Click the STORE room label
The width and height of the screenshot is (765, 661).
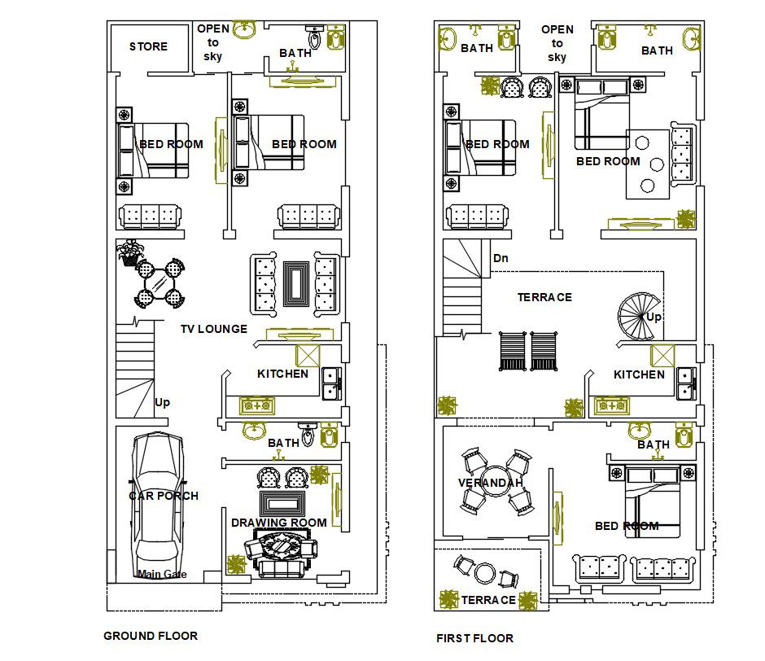[x=148, y=46]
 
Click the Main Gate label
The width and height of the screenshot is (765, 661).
[x=162, y=574]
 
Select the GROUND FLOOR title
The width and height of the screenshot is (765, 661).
[x=150, y=636]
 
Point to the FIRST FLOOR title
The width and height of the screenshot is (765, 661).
[x=474, y=638]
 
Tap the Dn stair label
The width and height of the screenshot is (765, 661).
[x=501, y=258]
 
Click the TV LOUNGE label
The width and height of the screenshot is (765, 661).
[x=213, y=329]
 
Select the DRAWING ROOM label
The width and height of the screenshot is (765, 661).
[x=278, y=523]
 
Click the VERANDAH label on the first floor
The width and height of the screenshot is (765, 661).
[x=491, y=483]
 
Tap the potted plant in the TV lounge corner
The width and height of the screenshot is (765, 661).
[x=129, y=252]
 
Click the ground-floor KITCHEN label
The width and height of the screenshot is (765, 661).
[x=282, y=374]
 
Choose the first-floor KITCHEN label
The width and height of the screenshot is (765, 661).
[x=639, y=374]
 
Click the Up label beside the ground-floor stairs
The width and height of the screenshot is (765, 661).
[x=163, y=402]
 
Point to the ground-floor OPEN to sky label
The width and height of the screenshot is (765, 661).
[x=213, y=42]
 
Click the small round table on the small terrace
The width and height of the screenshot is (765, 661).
[x=486, y=572]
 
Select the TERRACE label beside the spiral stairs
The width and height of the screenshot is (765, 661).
[x=544, y=297]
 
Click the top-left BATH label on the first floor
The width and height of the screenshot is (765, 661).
[x=477, y=48]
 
